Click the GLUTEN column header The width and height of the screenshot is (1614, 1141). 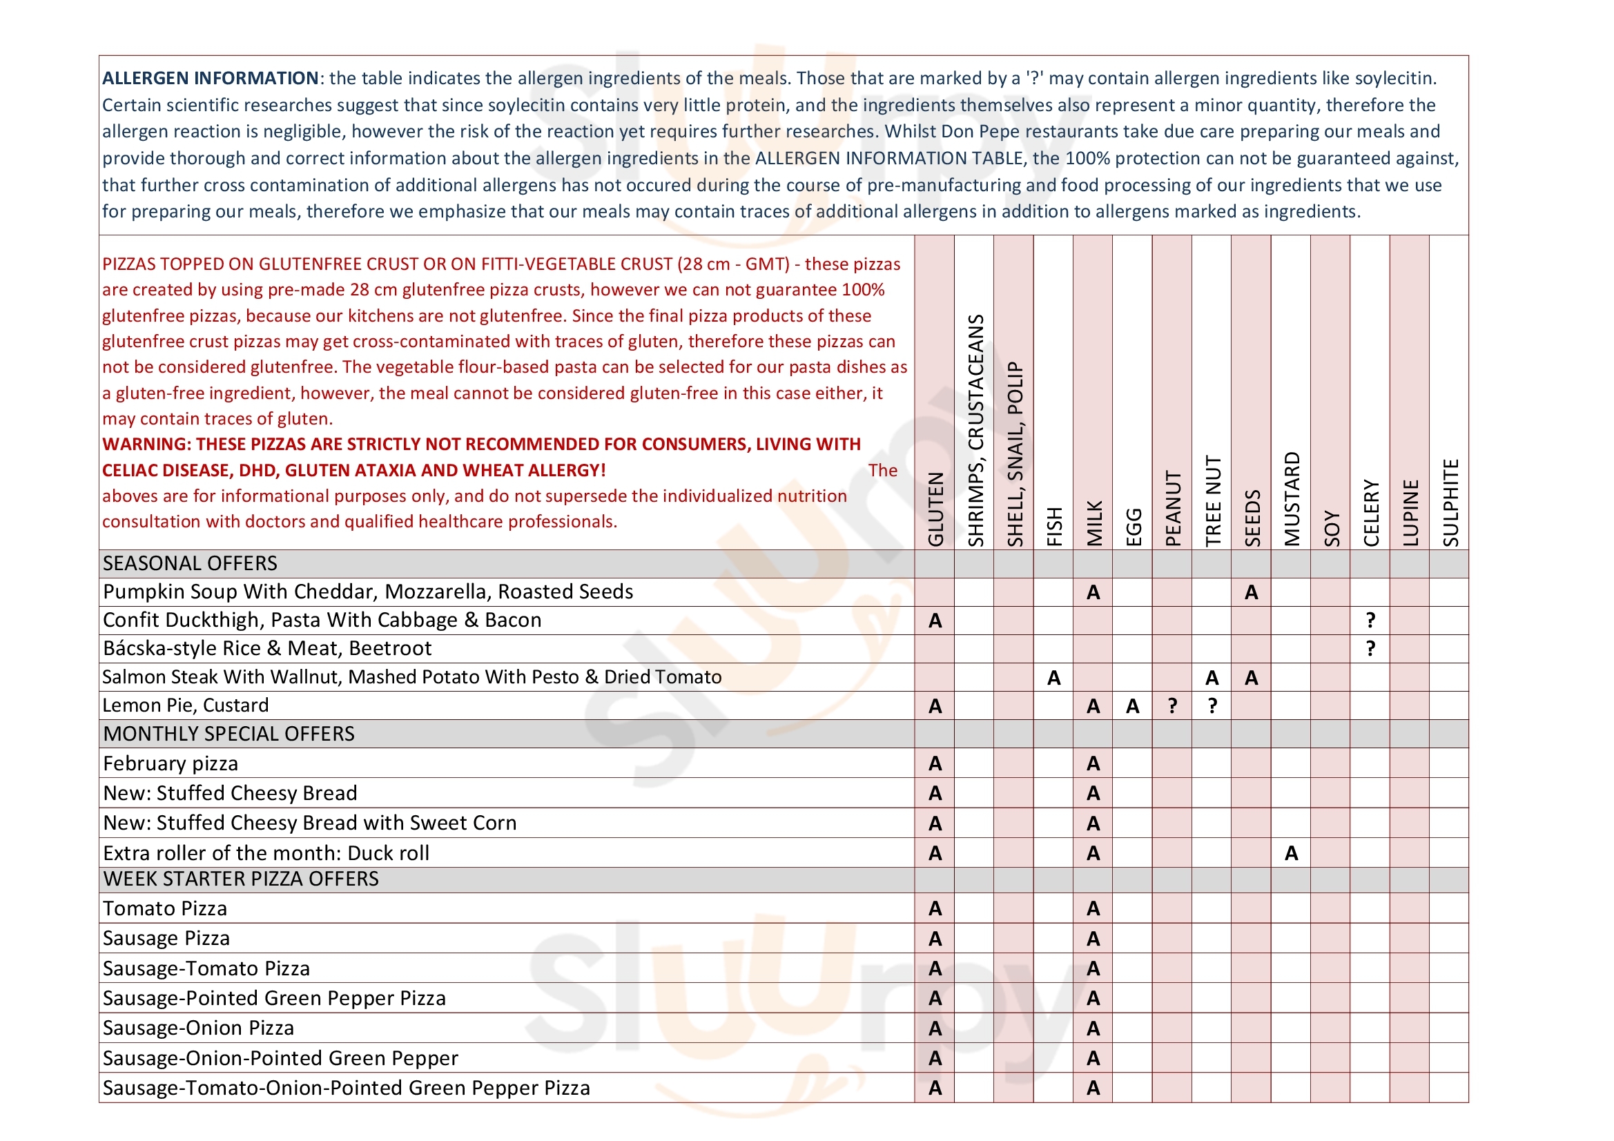[935, 508]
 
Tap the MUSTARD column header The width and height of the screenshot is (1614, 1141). [1292, 498]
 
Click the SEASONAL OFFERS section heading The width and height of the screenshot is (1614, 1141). [190, 563]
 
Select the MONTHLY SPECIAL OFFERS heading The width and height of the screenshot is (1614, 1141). [229, 733]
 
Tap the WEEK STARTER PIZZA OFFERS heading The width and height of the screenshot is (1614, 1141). [240, 879]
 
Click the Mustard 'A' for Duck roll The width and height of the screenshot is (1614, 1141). [1292, 853]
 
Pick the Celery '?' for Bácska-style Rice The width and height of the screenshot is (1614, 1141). [1370, 648]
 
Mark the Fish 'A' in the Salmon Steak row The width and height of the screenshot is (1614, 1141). [1053, 678]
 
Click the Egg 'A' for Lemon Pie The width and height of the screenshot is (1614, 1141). [1132, 706]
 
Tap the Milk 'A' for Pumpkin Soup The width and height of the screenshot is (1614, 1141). [1093, 593]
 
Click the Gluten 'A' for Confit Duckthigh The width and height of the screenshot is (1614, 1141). [935, 621]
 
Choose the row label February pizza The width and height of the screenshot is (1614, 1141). [170, 763]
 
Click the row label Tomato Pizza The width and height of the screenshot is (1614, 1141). [164, 908]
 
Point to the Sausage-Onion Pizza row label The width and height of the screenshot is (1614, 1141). [198, 1028]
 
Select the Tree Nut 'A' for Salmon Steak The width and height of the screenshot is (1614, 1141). [1212, 678]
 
